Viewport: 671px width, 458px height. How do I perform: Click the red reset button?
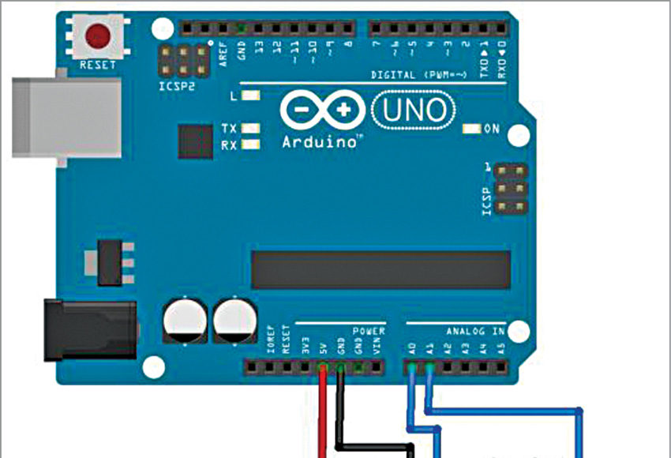tap(98, 36)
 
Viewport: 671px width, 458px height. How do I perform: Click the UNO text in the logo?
tap(413, 111)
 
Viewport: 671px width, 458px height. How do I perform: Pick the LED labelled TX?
tap(252, 128)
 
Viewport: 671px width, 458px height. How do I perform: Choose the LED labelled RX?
tap(252, 145)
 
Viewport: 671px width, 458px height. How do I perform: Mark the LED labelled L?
tap(252, 96)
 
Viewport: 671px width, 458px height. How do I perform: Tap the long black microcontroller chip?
tap(380, 271)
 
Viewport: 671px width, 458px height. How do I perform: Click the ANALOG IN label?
tap(474, 331)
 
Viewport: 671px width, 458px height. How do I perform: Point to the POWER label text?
tap(369, 331)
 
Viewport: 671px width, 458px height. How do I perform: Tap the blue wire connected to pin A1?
tap(505, 411)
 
